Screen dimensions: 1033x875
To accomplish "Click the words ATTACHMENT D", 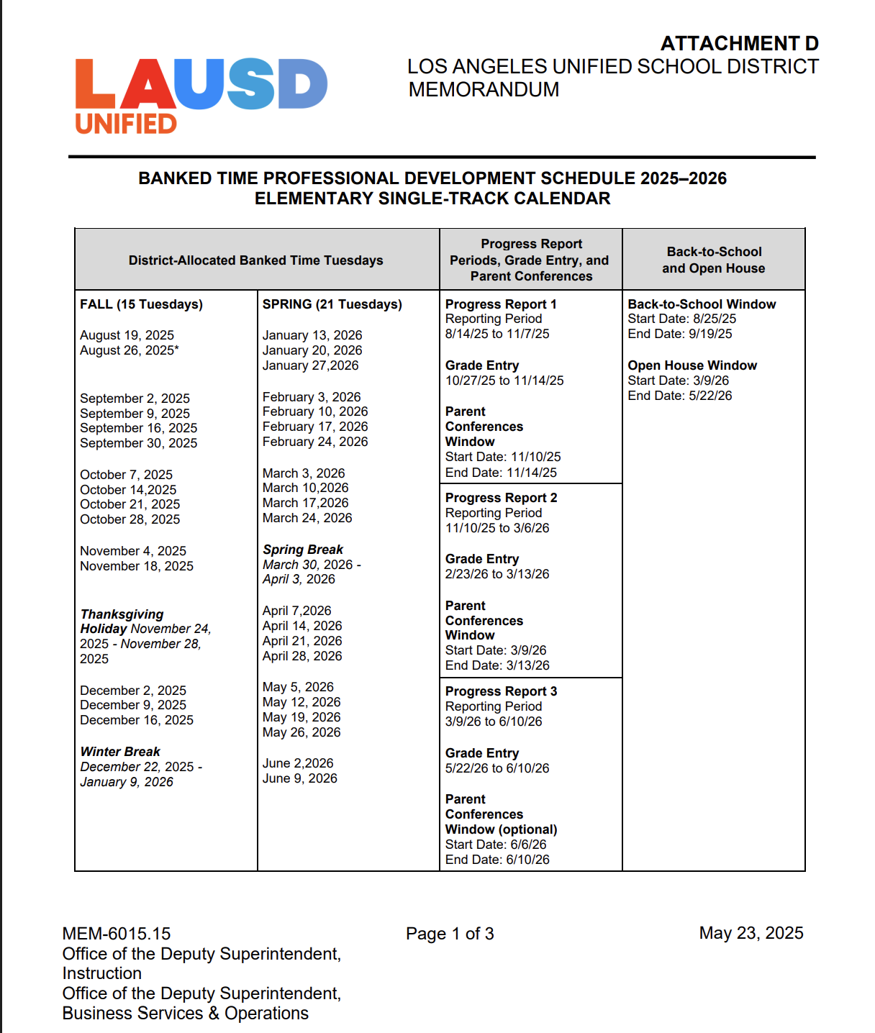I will [739, 44].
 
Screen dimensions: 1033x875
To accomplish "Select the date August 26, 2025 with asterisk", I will [130, 350].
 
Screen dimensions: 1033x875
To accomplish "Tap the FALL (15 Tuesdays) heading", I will [141, 304].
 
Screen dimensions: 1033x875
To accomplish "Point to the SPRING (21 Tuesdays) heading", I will [332, 304].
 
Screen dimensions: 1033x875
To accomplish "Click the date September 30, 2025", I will [138, 443].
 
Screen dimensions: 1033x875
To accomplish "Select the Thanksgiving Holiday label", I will [122, 622].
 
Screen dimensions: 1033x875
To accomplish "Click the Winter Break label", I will [120, 752].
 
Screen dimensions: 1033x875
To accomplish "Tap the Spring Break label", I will [303, 550].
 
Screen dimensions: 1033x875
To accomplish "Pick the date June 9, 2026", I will [299, 778].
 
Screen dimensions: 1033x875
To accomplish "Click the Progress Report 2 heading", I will [501, 498].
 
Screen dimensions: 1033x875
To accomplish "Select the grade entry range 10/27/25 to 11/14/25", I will [504, 381].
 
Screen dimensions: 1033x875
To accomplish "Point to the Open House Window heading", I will [692, 365].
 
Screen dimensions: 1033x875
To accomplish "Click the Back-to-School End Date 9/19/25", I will [679, 334].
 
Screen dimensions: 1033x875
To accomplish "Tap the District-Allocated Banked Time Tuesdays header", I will [255, 260].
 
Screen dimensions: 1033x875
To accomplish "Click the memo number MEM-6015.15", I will [117, 934].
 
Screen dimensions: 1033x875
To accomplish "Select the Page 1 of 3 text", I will [450, 934].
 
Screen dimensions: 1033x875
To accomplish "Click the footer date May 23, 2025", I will [751, 933].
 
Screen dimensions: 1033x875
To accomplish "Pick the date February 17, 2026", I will [314, 427].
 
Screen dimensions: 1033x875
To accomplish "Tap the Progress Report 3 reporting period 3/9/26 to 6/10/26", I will [493, 722].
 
